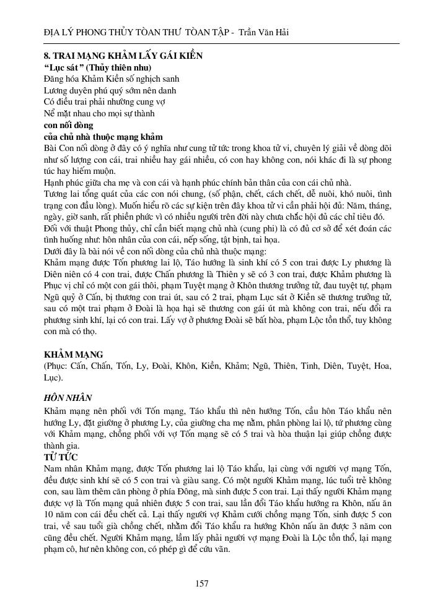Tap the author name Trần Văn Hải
click(x=267, y=32)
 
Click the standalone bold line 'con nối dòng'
click(x=68, y=125)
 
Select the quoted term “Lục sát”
click(x=65, y=67)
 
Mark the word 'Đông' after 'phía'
click(x=201, y=492)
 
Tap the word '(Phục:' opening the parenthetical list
click(x=58, y=366)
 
